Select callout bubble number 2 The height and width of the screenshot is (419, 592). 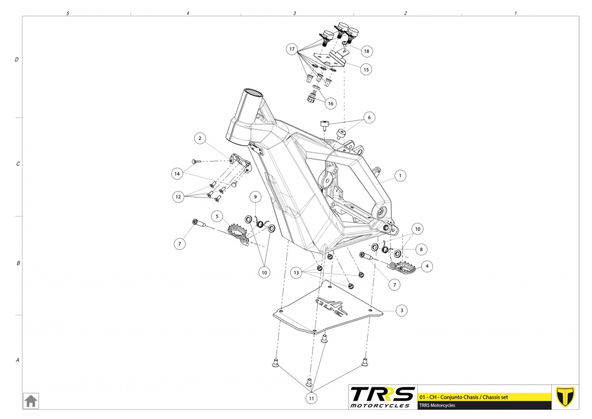199,138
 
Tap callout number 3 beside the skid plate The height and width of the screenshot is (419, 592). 402,310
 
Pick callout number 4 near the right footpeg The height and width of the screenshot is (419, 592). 426,266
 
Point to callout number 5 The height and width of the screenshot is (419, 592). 217,216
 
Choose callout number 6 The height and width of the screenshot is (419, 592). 369,117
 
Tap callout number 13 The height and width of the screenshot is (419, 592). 297,272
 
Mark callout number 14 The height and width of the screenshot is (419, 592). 178,173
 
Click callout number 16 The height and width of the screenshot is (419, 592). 330,104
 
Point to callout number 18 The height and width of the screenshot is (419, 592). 366,51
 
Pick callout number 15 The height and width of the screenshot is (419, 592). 366,70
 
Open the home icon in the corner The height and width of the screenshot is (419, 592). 30,400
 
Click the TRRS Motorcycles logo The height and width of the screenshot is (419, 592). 382,397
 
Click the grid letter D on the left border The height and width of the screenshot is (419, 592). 17,59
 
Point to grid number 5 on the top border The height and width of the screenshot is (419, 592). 68,13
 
